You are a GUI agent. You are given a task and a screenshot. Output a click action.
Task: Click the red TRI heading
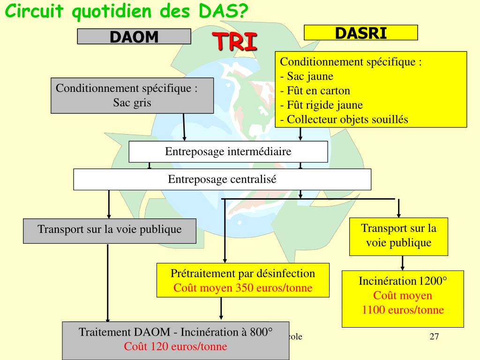pos(237,41)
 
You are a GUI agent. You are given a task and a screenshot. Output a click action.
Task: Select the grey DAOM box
pos(134,37)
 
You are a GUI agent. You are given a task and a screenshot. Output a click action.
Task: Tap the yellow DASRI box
pos(360,32)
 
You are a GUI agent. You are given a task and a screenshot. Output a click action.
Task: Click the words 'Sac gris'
pos(132,103)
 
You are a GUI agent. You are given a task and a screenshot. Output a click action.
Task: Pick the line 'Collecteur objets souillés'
pos(344,120)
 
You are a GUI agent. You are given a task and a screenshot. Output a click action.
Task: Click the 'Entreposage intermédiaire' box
pos(228,152)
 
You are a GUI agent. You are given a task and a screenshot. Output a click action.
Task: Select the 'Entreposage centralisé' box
pos(222,179)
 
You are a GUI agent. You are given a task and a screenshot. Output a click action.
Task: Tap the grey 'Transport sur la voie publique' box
pos(110,230)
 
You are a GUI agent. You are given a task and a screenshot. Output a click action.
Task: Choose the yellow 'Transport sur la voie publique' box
pos(398,236)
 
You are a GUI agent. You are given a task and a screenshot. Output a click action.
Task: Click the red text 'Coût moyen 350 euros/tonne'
pos(243,288)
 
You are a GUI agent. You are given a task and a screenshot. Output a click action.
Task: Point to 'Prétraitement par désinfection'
pos(243,273)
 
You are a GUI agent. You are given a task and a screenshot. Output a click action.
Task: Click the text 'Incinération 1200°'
pos(403,281)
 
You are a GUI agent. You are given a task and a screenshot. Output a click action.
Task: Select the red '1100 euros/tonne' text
pos(403,310)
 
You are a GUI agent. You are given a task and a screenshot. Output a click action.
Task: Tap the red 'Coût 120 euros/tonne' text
pos(175,347)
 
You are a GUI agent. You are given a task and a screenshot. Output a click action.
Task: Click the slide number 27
pos(434,337)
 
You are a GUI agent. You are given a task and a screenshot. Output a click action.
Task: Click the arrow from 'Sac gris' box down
pos(184,127)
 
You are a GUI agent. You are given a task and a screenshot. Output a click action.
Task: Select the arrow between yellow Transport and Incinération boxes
pos(402,262)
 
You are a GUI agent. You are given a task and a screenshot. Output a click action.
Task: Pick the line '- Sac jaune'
pos(307,76)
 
